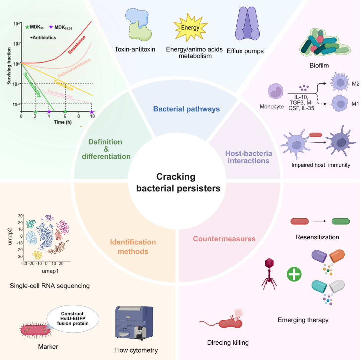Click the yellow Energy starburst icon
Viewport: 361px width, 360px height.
[191, 28]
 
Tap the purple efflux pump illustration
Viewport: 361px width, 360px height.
[247, 23]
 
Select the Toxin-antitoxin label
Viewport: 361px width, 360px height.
[135, 49]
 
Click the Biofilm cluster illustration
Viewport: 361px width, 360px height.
[325, 42]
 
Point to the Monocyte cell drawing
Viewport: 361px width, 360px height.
[275, 91]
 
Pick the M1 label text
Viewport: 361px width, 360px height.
[355, 104]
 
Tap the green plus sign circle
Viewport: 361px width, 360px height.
[294, 274]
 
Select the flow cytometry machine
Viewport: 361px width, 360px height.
[134, 324]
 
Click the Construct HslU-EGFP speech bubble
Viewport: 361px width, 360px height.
[73, 319]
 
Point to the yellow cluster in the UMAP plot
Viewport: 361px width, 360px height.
[37, 255]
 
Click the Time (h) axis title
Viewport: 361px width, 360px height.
[63, 122]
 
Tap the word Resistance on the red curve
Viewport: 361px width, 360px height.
[77, 45]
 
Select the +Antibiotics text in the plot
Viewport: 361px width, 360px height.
[43, 37]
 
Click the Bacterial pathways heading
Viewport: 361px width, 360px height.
[187, 109]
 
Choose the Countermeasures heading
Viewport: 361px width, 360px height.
[224, 239]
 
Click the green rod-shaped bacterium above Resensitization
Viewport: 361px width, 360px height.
[341, 221]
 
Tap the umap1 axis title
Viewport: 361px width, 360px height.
[50, 271]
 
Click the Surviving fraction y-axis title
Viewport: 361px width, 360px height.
[9, 66]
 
